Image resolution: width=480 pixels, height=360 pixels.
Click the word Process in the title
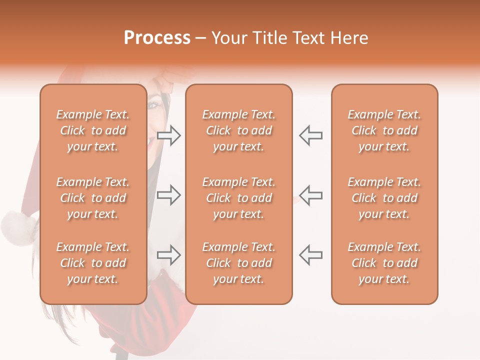157,38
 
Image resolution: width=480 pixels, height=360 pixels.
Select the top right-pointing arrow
169,135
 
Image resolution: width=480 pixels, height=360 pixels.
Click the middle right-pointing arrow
169,195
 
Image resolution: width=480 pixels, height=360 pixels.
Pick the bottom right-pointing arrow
169,255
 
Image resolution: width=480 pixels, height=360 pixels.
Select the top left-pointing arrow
310,135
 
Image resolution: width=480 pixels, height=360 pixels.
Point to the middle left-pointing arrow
310,195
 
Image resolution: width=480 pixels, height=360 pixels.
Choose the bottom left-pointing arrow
310,255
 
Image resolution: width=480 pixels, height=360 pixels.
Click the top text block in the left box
93,130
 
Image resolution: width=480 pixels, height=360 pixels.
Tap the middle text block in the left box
93,198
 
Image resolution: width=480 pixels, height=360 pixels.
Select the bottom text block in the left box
93,263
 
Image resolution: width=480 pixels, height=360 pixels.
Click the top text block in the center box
239,130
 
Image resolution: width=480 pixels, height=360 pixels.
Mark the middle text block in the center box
239,198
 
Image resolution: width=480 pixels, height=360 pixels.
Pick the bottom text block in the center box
239,263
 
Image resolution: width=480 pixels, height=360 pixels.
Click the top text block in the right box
384,130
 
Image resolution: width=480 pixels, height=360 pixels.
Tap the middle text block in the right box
384,198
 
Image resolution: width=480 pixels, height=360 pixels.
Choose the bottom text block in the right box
384,263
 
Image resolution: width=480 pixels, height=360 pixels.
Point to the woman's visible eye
153,105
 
